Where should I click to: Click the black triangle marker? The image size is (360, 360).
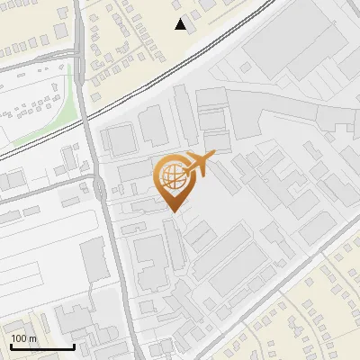click(x=181, y=24)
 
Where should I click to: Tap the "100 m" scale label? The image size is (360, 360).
click(x=23, y=338)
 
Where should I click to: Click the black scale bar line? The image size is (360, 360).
click(x=41, y=346)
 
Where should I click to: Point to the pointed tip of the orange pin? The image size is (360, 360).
click(x=174, y=212)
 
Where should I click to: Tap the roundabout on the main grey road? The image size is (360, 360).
click(x=98, y=188)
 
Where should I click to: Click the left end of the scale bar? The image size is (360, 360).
click(x=10, y=346)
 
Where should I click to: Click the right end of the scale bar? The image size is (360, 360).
click(x=74, y=346)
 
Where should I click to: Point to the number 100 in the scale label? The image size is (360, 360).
click(x=20, y=338)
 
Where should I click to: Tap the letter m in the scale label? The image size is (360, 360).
click(x=33, y=339)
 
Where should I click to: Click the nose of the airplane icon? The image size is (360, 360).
click(x=213, y=157)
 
